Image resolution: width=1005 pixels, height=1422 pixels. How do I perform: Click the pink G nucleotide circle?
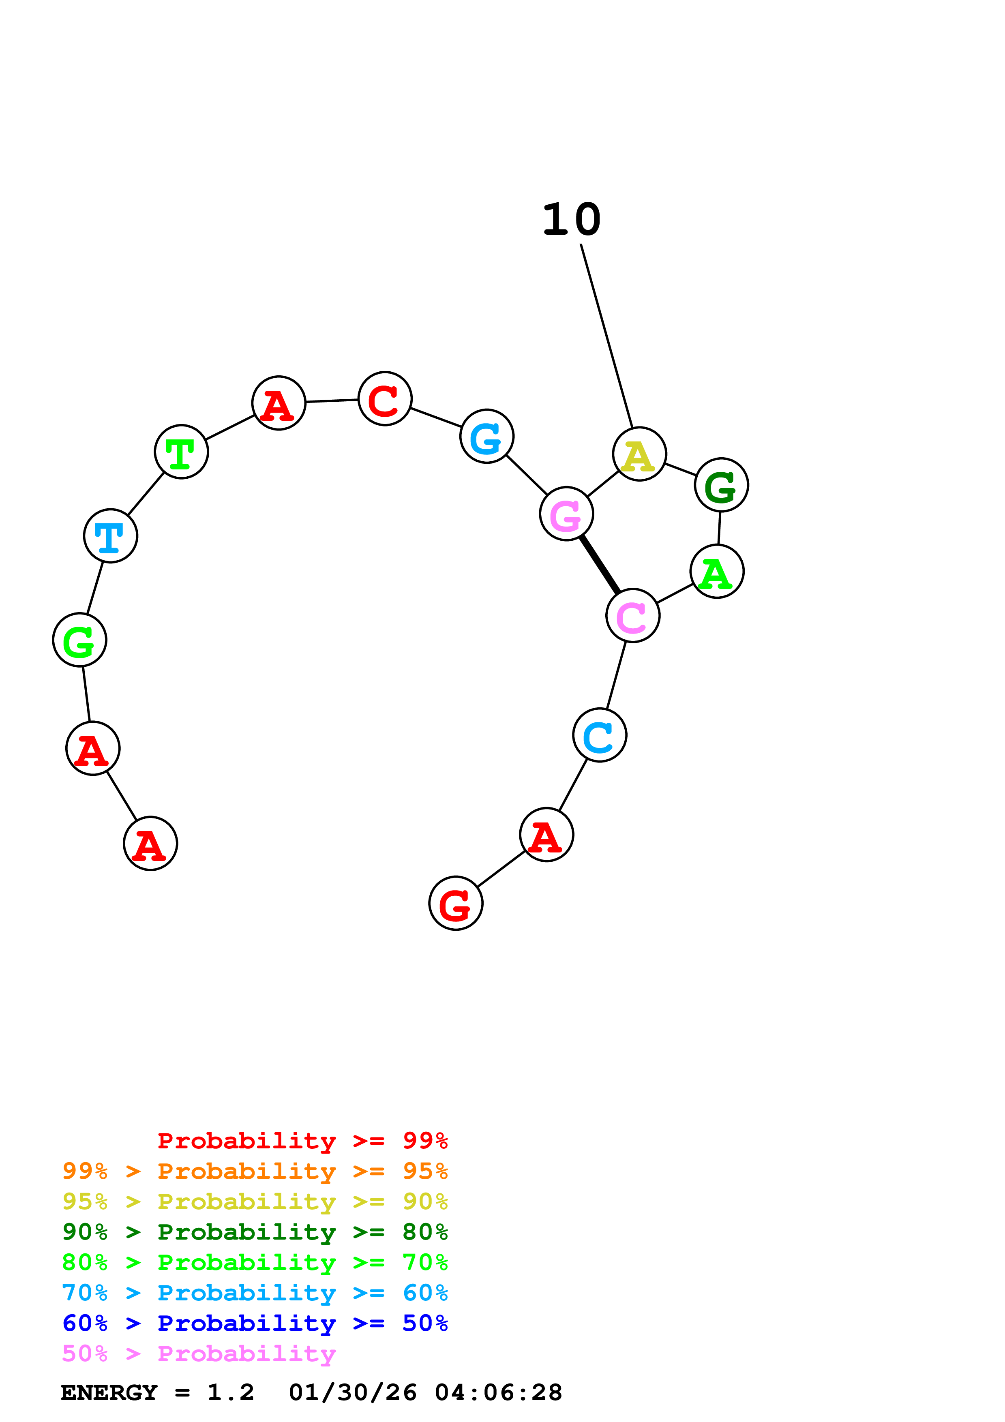(x=566, y=514)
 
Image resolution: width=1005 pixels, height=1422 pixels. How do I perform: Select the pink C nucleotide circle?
(x=632, y=615)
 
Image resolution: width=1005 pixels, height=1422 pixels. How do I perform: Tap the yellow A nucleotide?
(x=639, y=453)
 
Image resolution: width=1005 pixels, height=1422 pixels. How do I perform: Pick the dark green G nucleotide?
(x=721, y=485)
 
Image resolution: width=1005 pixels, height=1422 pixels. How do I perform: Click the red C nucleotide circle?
(x=385, y=398)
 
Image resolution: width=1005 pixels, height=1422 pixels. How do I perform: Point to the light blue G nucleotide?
(x=487, y=436)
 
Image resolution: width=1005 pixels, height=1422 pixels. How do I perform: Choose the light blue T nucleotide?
(x=110, y=535)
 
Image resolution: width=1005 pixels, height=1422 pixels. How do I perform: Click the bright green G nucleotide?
(x=79, y=639)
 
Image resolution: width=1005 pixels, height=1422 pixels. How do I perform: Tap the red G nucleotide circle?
(x=455, y=903)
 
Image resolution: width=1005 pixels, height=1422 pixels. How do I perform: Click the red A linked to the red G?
(x=546, y=834)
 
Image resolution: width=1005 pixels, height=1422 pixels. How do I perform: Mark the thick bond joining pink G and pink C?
(x=600, y=564)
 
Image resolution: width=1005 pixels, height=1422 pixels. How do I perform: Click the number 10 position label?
(x=571, y=220)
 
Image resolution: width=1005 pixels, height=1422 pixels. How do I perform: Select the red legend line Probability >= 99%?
(x=302, y=1141)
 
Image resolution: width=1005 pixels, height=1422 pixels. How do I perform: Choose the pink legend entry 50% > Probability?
(x=198, y=1353)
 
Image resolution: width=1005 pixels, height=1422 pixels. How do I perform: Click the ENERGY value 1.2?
(x=230, y=1392)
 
